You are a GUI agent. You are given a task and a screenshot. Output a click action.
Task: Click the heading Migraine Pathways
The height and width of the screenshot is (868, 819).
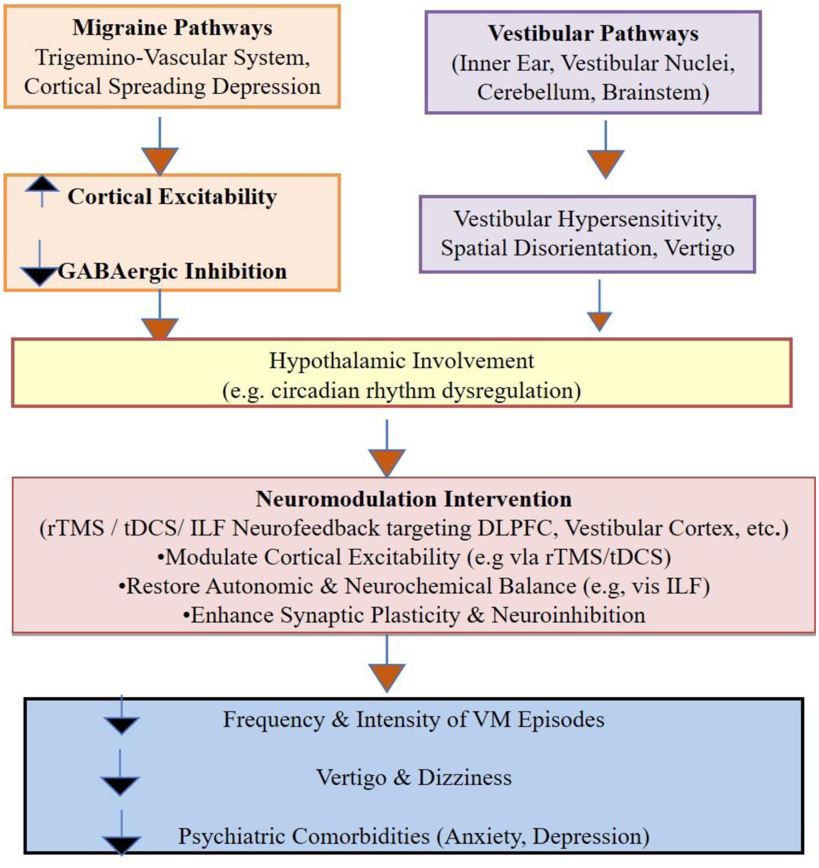click(172, 28)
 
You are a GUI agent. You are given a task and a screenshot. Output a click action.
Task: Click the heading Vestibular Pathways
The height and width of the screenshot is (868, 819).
click(593, 34)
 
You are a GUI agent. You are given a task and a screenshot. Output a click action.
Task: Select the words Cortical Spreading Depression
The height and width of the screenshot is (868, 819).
click(172, 86)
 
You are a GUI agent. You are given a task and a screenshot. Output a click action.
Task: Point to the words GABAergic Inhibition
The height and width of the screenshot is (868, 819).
click(172, 271)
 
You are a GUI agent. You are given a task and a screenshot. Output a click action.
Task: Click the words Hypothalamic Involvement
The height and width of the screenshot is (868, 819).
click(401, 361)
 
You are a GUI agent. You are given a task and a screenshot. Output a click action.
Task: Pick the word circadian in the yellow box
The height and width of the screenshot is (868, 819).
click(316, 391)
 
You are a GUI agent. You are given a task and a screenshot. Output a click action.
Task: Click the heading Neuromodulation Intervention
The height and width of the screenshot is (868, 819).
click(414, 499)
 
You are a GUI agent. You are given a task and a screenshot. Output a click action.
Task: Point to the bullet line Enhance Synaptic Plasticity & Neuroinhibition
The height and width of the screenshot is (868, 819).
click(414, 615)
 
